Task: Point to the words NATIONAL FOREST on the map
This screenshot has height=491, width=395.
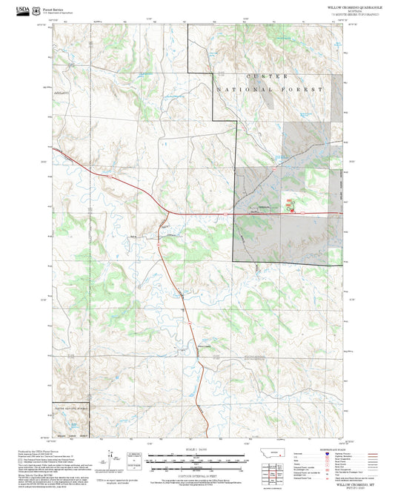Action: tap(270, 89)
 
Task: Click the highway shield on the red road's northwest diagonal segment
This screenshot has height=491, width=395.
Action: tap(110, 178)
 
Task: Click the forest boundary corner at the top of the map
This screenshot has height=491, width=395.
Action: tap(188, 24)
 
